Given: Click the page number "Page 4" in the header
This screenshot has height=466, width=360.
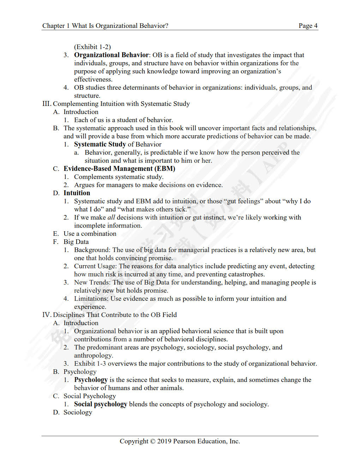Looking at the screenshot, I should (308, 26).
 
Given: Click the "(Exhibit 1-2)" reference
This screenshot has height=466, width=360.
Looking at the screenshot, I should (92, 47).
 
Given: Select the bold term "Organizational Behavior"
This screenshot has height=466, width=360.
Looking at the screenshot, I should (111, 55).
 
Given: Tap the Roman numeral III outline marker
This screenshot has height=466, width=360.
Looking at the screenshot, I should (47, 104).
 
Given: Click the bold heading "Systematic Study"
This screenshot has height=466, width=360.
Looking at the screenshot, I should (100, 144).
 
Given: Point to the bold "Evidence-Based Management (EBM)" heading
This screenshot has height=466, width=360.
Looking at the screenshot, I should (119, 169).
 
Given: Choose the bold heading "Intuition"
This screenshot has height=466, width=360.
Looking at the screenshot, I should (77, 193).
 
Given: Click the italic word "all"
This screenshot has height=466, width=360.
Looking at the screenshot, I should (111, 217).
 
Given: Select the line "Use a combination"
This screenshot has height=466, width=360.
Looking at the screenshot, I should (90, 234).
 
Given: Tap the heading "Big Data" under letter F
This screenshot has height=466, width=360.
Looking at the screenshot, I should (76, 242).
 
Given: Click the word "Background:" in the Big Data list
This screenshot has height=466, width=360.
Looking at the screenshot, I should (92, 250).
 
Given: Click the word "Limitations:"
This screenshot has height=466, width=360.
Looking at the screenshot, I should (91, 299).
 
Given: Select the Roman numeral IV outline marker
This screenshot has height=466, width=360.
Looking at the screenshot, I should (47, 315).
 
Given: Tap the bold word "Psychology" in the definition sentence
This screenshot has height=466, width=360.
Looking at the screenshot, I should (91, 380).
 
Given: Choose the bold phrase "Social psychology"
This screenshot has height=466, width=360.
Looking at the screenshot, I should (100, 404).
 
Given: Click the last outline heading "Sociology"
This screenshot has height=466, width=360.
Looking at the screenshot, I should (78, 412).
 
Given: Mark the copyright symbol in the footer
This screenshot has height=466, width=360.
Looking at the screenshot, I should (152, 441).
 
